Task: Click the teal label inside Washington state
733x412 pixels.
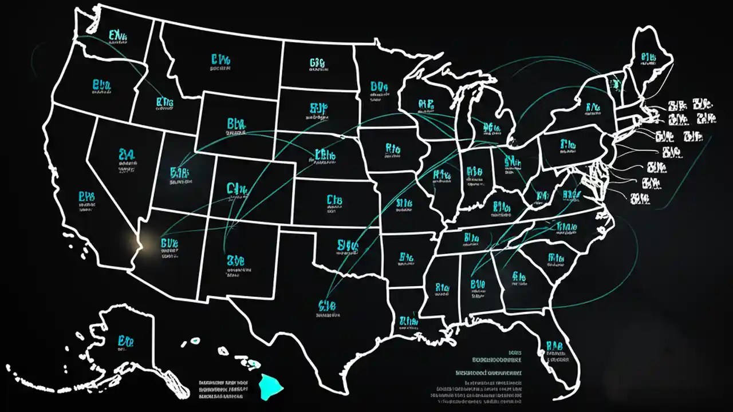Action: coord(117,37)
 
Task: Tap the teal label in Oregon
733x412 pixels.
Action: coord(101,86)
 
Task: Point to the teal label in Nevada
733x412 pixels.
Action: coord(127,154)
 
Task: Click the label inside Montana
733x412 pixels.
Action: coord(220,59)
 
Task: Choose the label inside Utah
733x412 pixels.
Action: coord(180,173)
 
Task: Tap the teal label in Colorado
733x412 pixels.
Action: coord(236,188)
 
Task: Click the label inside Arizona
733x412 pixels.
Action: coord(170,244)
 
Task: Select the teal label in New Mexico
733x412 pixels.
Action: coord(235,262)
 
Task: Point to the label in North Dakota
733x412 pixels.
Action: coord(318,63)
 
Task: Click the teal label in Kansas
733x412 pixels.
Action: coord(334,200)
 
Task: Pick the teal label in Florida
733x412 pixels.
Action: coord(555,347)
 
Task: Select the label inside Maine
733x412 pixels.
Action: coord(648,57)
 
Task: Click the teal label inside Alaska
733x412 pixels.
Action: coord(126,342)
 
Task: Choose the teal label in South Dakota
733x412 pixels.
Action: coord(318,108)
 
